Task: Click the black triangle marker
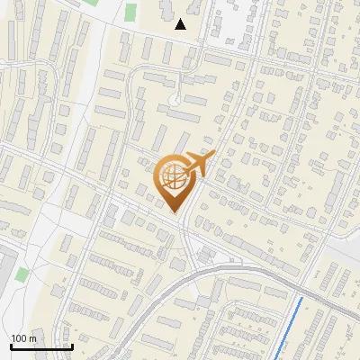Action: (x=180, y=24)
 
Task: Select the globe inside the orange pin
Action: (x=175, y=177)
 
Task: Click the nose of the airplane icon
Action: (x=214, y=154)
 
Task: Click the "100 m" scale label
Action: (x=23, y=337)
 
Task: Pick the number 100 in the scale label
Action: (x=19, y=337)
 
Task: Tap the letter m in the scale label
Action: (x=32, y=337)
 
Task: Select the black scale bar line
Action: (x=40, y=346)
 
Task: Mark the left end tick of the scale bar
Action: (x=10, y=345)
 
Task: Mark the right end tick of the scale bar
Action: (x=71, y=345)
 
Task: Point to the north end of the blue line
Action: (x=301, y=297)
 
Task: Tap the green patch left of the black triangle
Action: (x=131, y=13)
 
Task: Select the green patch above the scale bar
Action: (x=22, y=274)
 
